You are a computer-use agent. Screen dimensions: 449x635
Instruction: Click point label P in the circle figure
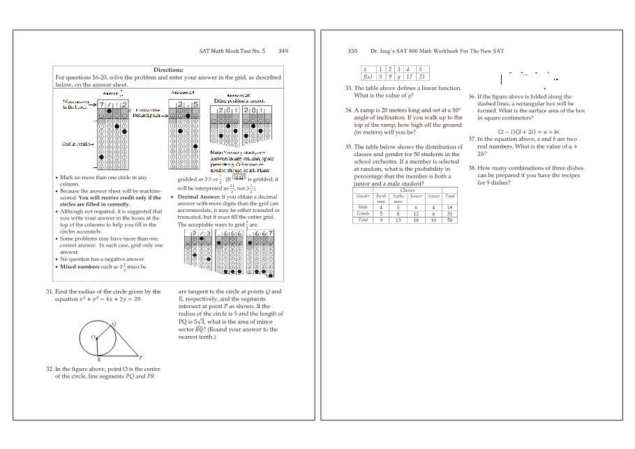coord(141,357)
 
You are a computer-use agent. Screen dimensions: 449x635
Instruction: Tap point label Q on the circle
coord(113,324)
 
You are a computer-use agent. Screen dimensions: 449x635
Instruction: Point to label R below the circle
coord(98,360)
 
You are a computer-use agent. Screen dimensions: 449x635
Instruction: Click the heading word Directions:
coord(168,70)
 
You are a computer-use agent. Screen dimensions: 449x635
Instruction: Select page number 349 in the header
coord(283,51)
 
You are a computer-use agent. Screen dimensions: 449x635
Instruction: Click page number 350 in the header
coord(352,51)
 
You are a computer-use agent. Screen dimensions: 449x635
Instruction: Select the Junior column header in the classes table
coord(417,197)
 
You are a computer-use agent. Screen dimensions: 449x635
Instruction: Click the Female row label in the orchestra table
coord(363,213)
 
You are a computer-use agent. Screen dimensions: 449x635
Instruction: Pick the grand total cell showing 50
coord(450,220)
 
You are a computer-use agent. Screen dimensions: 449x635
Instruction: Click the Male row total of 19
coord(450,207)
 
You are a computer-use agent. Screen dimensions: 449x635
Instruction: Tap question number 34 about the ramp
coord(348,110)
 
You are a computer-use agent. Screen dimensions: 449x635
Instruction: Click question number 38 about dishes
coord(472,168)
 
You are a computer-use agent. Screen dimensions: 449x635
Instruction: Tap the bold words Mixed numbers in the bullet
coord(80,266)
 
